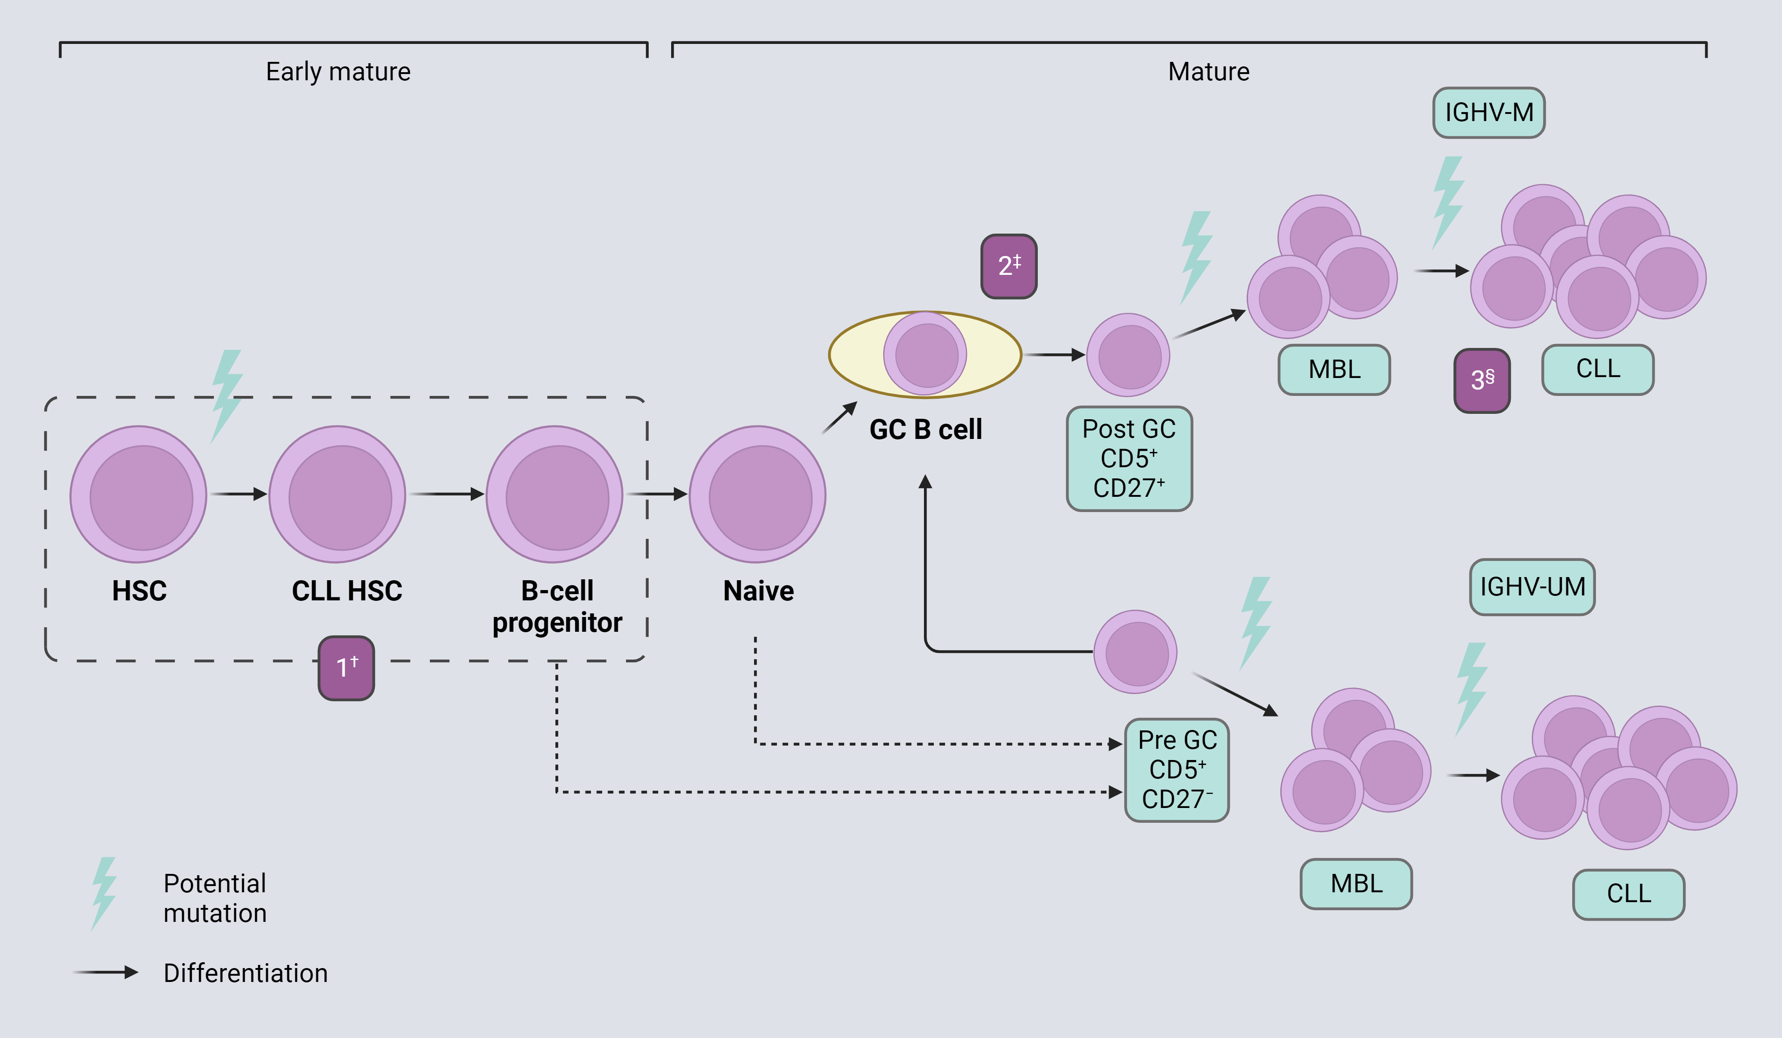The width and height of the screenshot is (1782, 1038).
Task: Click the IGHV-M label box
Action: tap(1488, 113)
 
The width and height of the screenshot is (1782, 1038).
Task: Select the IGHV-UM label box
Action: tap(1532, 587)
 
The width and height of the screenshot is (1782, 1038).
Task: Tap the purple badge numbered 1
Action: tap(346, 668)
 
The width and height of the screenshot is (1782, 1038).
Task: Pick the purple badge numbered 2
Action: tap(1008, 266)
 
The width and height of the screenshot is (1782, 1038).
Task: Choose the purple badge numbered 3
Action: tap(1482, 380)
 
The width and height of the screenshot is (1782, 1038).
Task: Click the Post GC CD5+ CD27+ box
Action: tap(1129, 458)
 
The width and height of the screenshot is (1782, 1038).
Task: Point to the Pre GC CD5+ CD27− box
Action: tap(1177, 769)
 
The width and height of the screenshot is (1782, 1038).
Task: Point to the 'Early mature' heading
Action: tap(338, 71)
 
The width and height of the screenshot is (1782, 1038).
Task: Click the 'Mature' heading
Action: tap(1209, 71)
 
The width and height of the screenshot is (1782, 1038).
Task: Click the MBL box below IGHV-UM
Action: tap(1356, 884)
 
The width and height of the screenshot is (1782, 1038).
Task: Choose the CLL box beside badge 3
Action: tap(1597, 369)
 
